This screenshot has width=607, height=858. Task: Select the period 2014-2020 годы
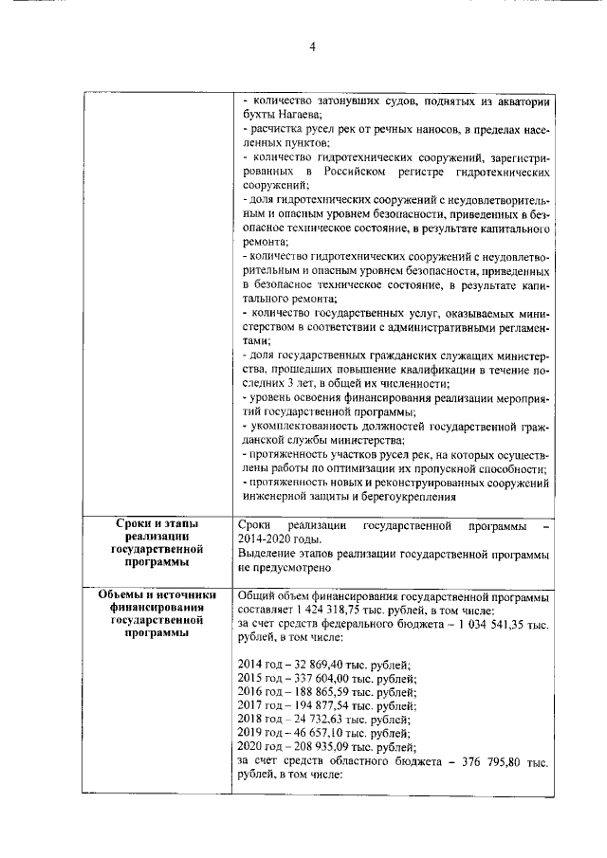tap(282, 538)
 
